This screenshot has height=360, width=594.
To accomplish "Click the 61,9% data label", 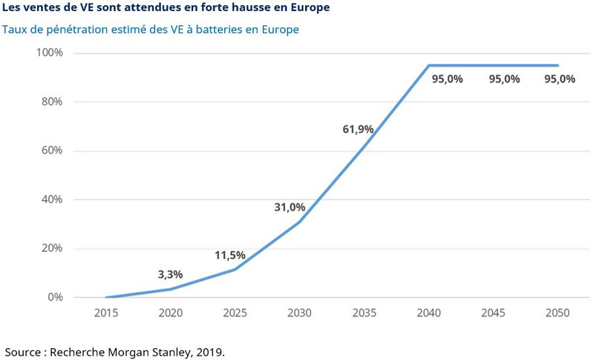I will click(358, 129).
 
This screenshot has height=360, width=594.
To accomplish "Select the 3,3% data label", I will click(170, 275).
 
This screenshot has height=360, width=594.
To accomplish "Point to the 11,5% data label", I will click(230, 255).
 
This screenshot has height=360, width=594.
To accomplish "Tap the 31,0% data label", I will click(290, 207).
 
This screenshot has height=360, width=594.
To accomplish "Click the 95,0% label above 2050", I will click(560, 79).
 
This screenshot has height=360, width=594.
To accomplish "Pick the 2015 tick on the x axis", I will click(107, 313).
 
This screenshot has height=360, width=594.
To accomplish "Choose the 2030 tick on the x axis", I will click(300, 313).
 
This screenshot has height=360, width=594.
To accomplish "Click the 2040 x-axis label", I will click(429, 313).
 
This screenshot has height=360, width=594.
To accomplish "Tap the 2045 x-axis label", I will click(493, 313).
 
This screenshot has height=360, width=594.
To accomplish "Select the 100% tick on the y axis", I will click(50, 53).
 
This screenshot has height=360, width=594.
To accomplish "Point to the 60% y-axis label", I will click(53, 151).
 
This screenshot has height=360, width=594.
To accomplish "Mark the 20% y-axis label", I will click(53, 249).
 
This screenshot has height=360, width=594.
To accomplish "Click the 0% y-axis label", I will click(56, 298).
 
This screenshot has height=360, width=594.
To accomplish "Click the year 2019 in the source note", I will click(209, 351).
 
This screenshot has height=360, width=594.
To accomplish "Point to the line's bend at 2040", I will click(429, 65).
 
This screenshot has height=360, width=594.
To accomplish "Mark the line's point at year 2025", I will click(235, 269).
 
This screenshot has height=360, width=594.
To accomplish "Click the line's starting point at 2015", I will click(107, 297).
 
